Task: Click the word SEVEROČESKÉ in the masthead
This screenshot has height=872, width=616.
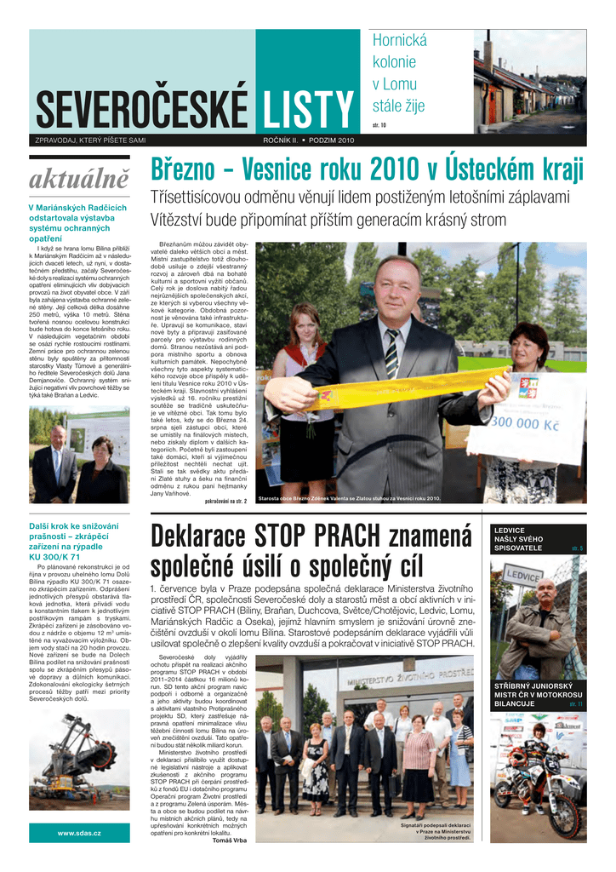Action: click(x=142, y=111)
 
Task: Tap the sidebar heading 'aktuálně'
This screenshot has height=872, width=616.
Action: click(x=79, y=180)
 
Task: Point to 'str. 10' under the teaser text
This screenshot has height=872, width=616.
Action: click(x=379, y=125)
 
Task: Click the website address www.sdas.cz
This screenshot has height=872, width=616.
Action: click(x=79, y=833)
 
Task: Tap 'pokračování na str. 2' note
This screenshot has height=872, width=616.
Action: click(x=225, y=501)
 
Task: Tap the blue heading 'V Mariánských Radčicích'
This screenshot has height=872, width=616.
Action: click(x=77, y=207)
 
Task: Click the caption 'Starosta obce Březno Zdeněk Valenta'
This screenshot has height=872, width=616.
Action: click(x=349, y=499)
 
